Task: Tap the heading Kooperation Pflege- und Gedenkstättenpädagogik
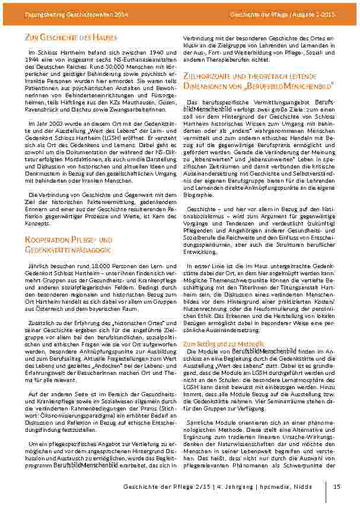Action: pyautogui.click(x=68, y=243)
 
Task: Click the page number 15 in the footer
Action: pyautogui.click(x=337, y=487)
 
